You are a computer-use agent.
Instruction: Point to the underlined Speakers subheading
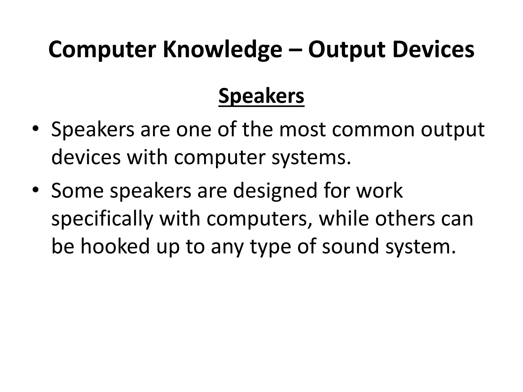coord(261,96)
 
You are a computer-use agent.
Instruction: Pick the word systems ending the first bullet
coord(311,157)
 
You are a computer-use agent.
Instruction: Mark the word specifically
coord(102,219)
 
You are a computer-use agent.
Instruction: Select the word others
coord(405,218)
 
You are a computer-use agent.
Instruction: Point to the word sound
coord(350,246)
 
